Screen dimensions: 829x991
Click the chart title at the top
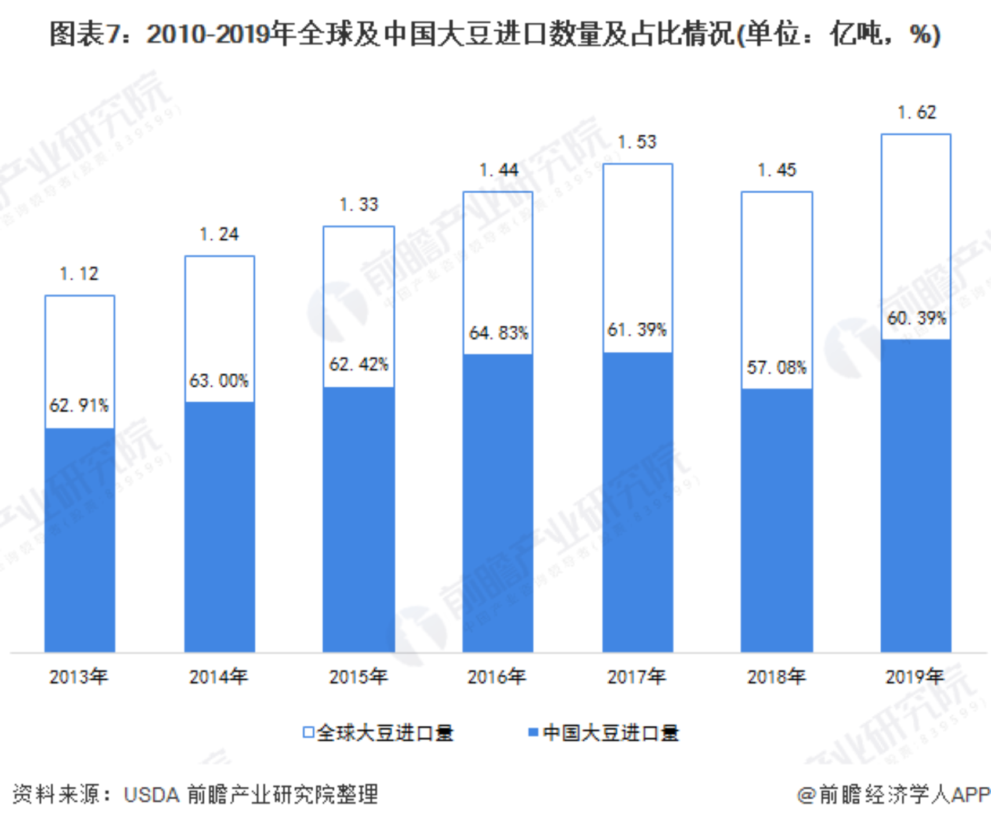495,34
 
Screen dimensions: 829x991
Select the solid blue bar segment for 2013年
79,540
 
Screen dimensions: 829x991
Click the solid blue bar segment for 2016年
498,503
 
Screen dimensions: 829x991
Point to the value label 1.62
917,112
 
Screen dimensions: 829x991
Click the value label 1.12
79,273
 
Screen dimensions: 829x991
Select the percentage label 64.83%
498,333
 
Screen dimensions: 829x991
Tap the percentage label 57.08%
776,367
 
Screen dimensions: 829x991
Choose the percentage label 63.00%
219,381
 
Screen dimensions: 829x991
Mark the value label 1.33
359,204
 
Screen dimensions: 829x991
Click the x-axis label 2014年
218,676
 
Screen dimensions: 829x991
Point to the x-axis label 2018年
776,676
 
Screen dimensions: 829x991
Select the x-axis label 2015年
358,676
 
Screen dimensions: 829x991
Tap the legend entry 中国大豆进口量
603,733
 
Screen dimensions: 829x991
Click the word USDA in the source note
151,794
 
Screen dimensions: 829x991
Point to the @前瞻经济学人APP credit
894,794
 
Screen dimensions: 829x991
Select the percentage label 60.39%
916,318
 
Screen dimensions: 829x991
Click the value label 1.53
637,142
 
